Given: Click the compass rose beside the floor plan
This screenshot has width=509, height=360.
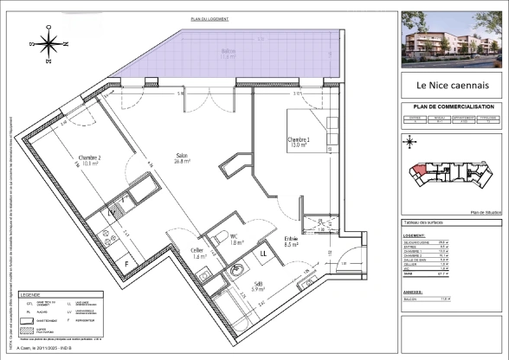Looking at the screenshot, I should click(49, 46).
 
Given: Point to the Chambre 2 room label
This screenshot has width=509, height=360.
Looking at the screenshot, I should click(90, 160).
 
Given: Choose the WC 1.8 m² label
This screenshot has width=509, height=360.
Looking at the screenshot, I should click(235, 240).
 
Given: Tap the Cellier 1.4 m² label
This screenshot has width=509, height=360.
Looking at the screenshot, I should click(200, 254).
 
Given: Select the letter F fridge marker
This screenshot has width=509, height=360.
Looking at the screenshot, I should click(126, 262).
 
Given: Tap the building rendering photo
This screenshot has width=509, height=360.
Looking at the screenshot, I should click(450, 40).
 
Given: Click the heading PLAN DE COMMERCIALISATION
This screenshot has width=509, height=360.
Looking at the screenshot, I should click(450, 107).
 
